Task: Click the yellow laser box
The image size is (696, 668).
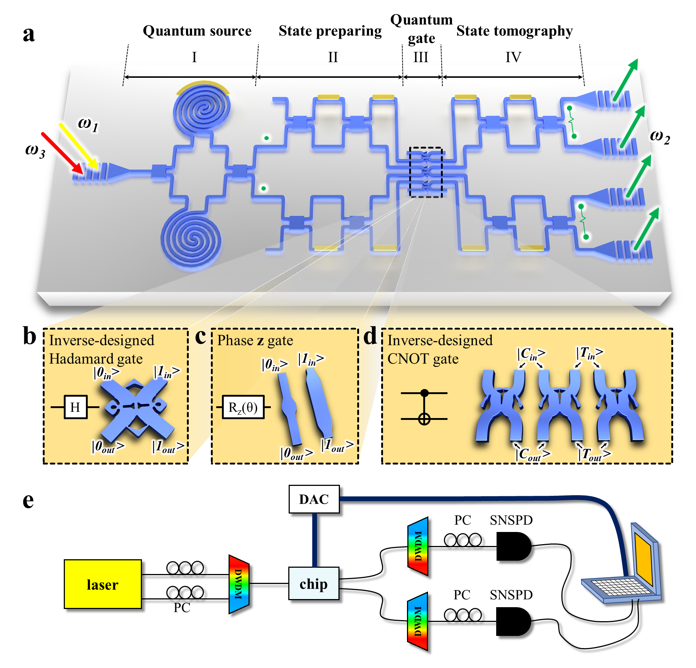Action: pos(102,584)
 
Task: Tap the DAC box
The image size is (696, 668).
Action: pos(314,499)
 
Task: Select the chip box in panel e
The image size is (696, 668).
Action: pos(313,584)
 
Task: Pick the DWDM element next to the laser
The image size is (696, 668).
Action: pos(239,584)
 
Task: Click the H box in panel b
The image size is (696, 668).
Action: pos(76,407)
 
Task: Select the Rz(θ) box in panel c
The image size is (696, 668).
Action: pos(243,407)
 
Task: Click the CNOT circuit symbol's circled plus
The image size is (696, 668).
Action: pos(424,419)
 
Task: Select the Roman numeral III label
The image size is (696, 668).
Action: pos(421,58)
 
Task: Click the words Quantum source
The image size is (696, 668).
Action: pos(197,31)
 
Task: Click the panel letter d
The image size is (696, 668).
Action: pos(370,337)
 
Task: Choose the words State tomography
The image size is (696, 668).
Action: pos(514,31)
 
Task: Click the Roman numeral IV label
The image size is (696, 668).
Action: pos(513,58)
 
